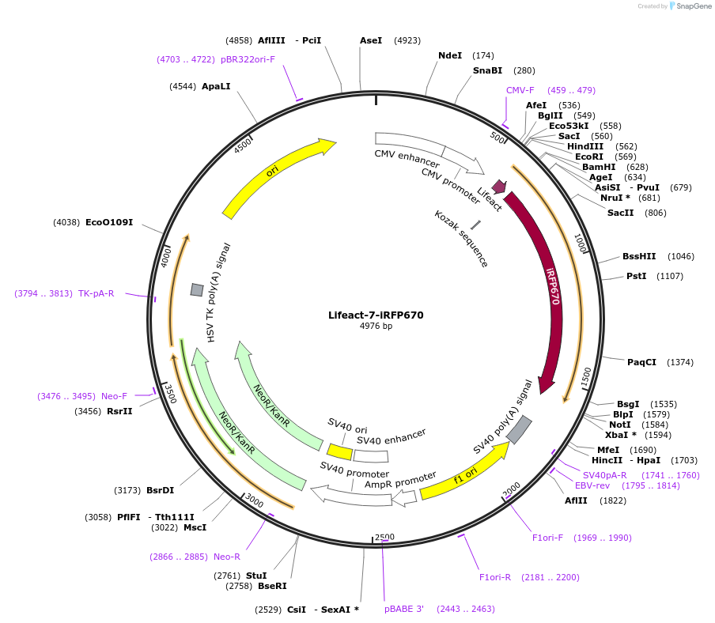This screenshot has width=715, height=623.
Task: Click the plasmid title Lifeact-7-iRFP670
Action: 376,315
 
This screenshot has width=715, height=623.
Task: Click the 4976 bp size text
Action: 376,326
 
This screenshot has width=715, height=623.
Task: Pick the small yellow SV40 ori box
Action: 340,451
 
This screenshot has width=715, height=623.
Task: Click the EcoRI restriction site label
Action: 588,157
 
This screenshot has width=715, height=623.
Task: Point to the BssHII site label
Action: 639,256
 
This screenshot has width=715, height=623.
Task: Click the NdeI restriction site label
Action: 450,55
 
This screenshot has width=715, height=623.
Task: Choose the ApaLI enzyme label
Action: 216,85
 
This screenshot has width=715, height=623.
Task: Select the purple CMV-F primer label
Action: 520,90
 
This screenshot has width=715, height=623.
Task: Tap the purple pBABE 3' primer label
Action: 404,609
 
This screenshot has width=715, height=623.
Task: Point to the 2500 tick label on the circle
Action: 384,537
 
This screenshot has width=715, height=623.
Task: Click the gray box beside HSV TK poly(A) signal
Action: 197,290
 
